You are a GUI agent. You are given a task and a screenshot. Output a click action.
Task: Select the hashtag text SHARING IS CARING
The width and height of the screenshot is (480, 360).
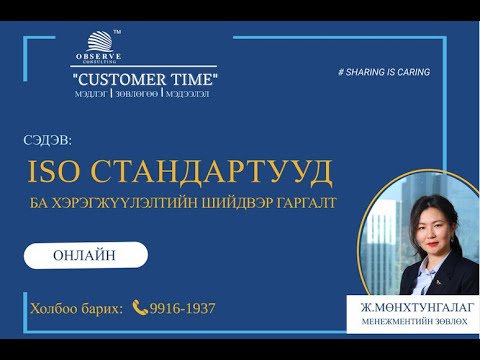(386, 73)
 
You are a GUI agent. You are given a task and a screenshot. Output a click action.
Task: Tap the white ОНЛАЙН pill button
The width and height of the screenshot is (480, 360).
(85, 255)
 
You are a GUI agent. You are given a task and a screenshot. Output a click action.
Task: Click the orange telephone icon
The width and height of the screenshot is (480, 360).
(140, 308)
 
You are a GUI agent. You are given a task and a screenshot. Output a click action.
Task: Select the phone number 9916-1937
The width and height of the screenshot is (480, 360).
(182, 308)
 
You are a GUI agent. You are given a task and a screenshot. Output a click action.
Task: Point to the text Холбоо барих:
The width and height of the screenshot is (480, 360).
(76, 308)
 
